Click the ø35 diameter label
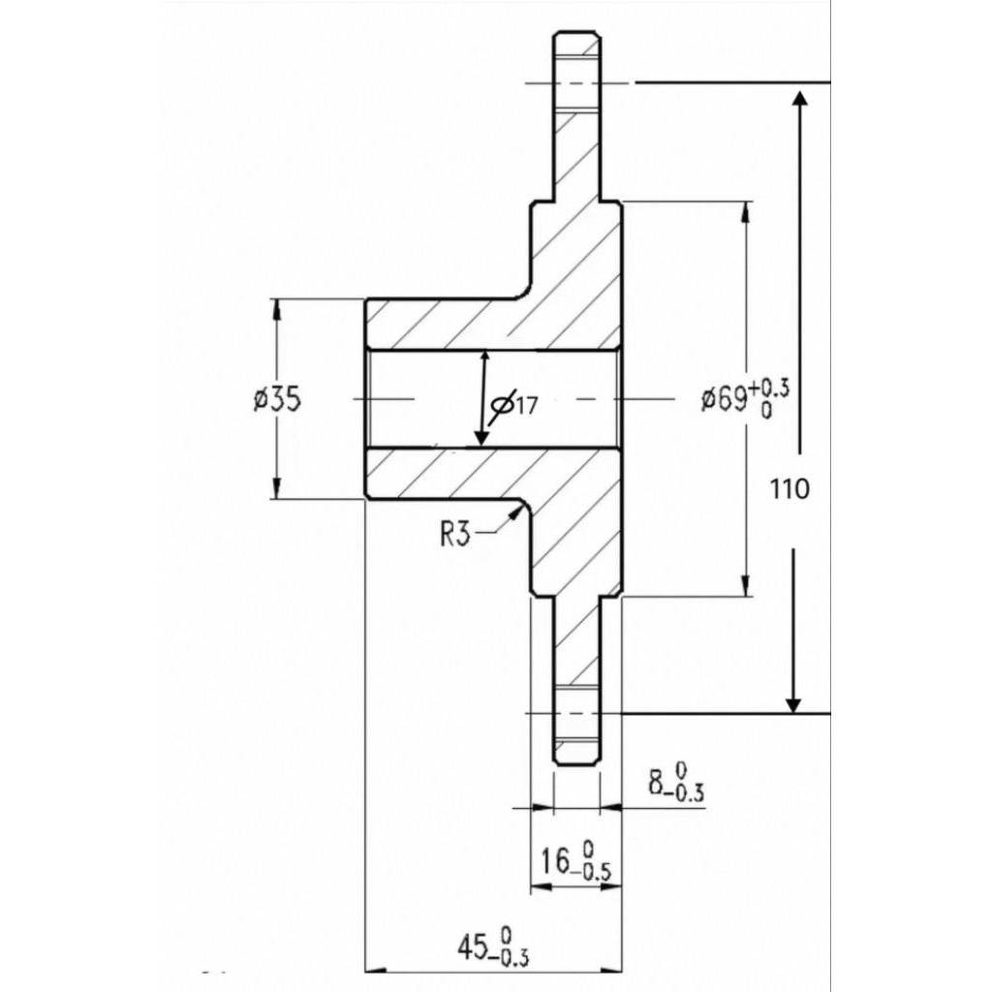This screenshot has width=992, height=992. point(276,400)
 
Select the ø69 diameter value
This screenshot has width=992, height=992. point(724,399)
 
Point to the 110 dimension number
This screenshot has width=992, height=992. point(789,489)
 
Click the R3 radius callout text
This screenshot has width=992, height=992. point(455,535)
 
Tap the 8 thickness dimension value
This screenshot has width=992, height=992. point(657,783)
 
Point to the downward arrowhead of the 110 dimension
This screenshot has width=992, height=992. point(793,704)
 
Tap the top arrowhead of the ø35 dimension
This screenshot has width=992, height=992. point(276,308)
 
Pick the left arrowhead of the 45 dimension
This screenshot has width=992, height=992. point(376,970)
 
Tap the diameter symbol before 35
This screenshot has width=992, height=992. point(260,400)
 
